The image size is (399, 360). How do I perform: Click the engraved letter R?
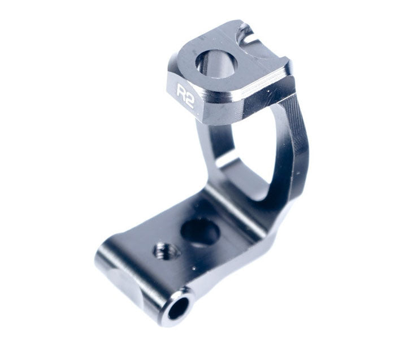point(181,92)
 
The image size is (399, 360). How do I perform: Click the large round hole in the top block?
point(216,63)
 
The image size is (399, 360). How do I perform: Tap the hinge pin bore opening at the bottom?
point(178,307)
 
